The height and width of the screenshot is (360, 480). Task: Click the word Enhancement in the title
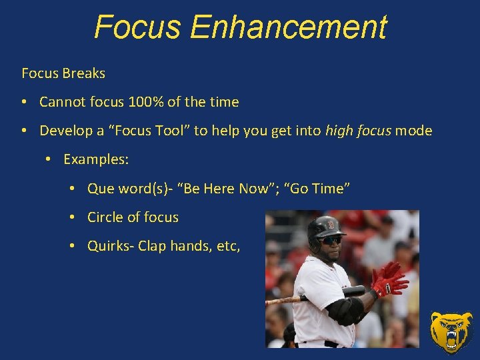coord(287,27)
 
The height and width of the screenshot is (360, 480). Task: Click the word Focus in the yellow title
coord(138,27)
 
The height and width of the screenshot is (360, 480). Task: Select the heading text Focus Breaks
coord(63,73)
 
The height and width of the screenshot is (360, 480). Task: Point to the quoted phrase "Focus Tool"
coord(153,131)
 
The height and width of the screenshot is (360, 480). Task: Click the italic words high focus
coord(358,131)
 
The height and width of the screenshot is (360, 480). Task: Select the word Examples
coord(96,159)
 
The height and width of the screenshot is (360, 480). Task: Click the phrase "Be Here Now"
coord(225,189)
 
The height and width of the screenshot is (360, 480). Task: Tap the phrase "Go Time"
coord(317,189)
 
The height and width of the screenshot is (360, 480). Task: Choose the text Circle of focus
coord(133,217)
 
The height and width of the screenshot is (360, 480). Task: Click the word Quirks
coord(109,246)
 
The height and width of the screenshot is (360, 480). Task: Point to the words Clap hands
coord(173,246)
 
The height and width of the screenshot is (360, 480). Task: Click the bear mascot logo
coord(451,331)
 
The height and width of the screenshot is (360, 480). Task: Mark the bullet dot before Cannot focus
coord(24,102)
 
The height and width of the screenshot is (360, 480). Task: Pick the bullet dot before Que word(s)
coord(72,189)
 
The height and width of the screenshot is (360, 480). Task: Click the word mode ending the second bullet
coord(413,131)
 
